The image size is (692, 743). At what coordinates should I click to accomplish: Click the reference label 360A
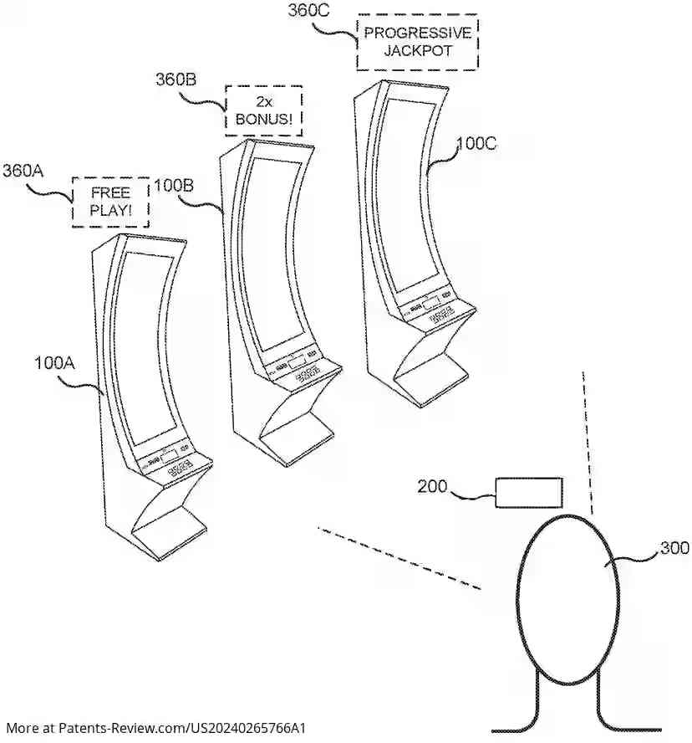[x=23, y=171]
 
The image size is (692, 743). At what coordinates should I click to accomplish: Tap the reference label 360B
[x=176, y=79]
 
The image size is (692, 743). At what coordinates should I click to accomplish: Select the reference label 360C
[x=308, y=10]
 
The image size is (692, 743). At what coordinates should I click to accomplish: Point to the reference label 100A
[x=54, y=363]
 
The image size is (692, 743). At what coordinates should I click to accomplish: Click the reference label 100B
[x=173, y=185]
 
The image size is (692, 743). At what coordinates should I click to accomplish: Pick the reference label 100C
[x=476, y=143]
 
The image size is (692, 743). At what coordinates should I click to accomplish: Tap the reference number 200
[x=432, y=486]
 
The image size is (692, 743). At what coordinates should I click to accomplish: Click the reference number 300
[x=674, y=548]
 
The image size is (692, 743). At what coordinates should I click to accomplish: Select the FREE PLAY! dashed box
[x=111, y=202]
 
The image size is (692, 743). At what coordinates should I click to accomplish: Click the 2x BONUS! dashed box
[x=263, y=110]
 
